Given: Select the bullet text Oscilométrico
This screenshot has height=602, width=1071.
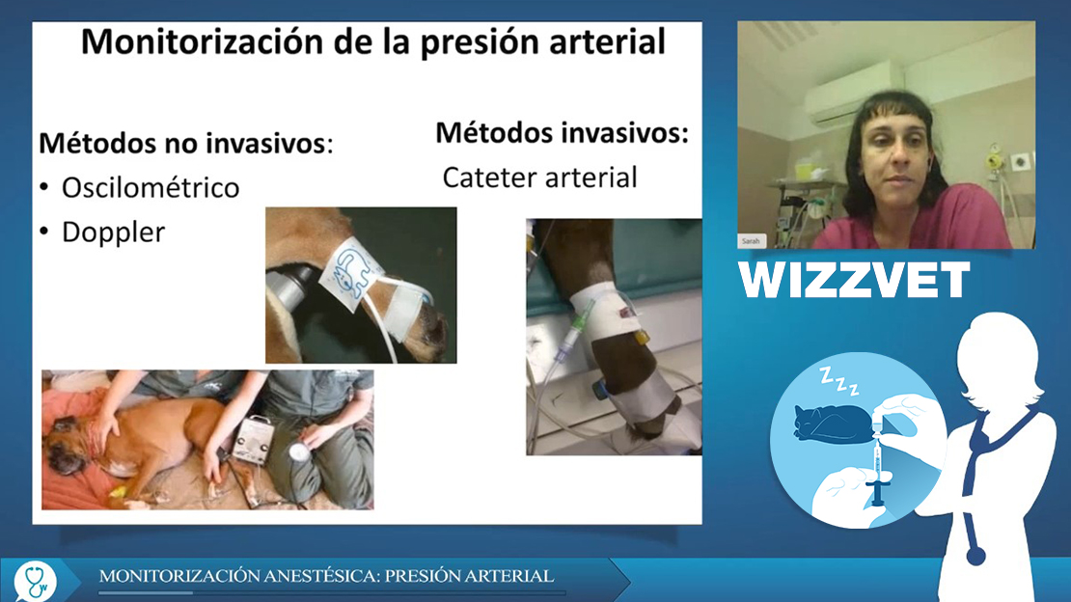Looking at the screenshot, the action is [151, 188].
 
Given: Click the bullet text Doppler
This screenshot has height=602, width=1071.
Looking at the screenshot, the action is [114, 233].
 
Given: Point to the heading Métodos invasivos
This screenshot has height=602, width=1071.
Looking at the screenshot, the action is [562, 132].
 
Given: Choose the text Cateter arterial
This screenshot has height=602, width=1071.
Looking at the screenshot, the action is [539, 178].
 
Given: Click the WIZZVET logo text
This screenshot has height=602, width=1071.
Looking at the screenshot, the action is [854, 280].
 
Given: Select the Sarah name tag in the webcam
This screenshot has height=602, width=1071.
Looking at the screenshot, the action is [751, 240].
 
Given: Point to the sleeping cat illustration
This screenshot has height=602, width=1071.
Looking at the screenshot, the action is [832, 422].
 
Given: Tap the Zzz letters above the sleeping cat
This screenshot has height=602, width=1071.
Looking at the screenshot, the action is [839, 381].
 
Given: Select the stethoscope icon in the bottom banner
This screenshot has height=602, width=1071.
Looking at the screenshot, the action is [36, 580].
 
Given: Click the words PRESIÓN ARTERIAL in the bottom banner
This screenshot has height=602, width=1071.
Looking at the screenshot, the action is [469, 576].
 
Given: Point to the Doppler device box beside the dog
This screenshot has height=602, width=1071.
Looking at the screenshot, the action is [253, 439].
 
